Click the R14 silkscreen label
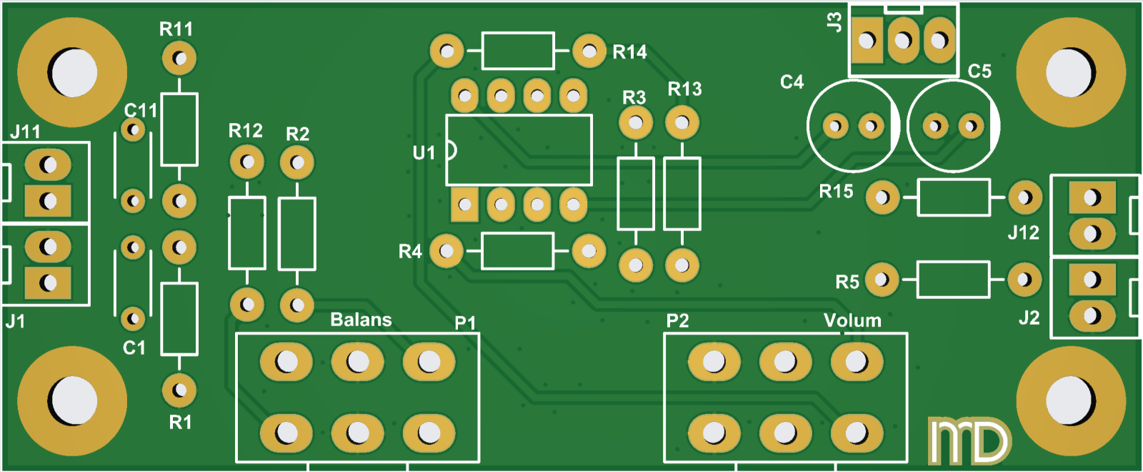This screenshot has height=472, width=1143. (629, 52)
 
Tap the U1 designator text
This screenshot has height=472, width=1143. (424, 152)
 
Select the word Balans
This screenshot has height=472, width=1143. (361, 320)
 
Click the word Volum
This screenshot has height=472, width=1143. (852, 320)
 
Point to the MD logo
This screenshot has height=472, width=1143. (969, 441)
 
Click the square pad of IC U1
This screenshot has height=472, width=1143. (464, 205)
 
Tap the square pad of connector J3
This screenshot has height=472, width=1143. (867, 40)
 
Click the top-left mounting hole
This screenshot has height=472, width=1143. (72, 72)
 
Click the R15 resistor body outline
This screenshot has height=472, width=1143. (954, 197)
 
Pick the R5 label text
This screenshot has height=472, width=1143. (847, 282)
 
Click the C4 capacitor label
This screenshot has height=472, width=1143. (792, 82)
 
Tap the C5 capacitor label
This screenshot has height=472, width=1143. (979, 72)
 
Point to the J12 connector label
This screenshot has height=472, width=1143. (1023, 233)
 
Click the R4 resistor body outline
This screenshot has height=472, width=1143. (518, 251)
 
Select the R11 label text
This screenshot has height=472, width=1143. (176, 29)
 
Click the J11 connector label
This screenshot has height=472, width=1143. (25, 132)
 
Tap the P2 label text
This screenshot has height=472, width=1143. (677, 320)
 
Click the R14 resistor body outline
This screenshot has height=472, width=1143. (518, 51)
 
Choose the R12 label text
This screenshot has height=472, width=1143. (245, 131)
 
